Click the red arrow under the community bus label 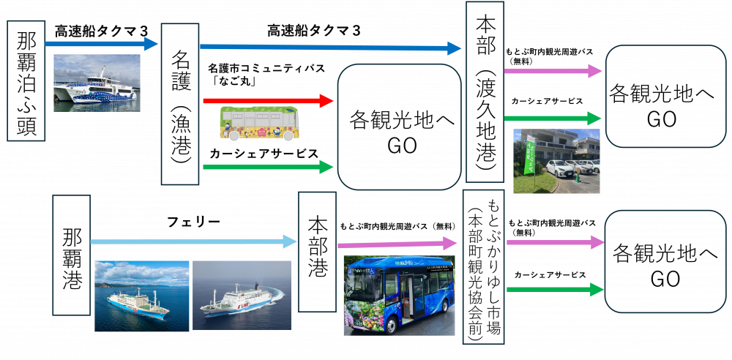pyautogui.click(x=268, y=100)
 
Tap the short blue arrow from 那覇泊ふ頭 pyautogui.click(x=102, y=44)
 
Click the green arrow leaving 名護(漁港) pyautogui.click(x=268, y=167)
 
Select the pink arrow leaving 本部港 pyautogui.click(x=399, y=244)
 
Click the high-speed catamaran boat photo pyautogui.click(x=97, y=82)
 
